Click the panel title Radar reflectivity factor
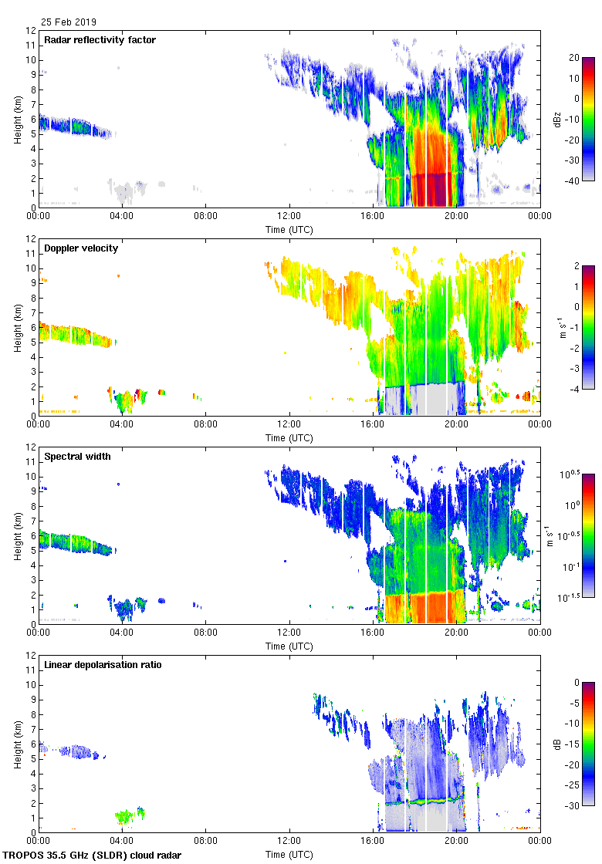(x=100, y=40)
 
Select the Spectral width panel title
(x=77, y=457)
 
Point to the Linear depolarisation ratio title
(x=103, y=665)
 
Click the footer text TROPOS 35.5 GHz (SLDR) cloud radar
(x=93, y=856)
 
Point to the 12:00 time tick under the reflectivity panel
(x=289, y=217)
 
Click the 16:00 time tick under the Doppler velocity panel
(x=373, y=425)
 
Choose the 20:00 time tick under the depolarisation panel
(x=456, y=842)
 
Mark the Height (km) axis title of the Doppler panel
(x=17, y=328)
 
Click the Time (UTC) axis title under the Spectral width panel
(x=289, y=646)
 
